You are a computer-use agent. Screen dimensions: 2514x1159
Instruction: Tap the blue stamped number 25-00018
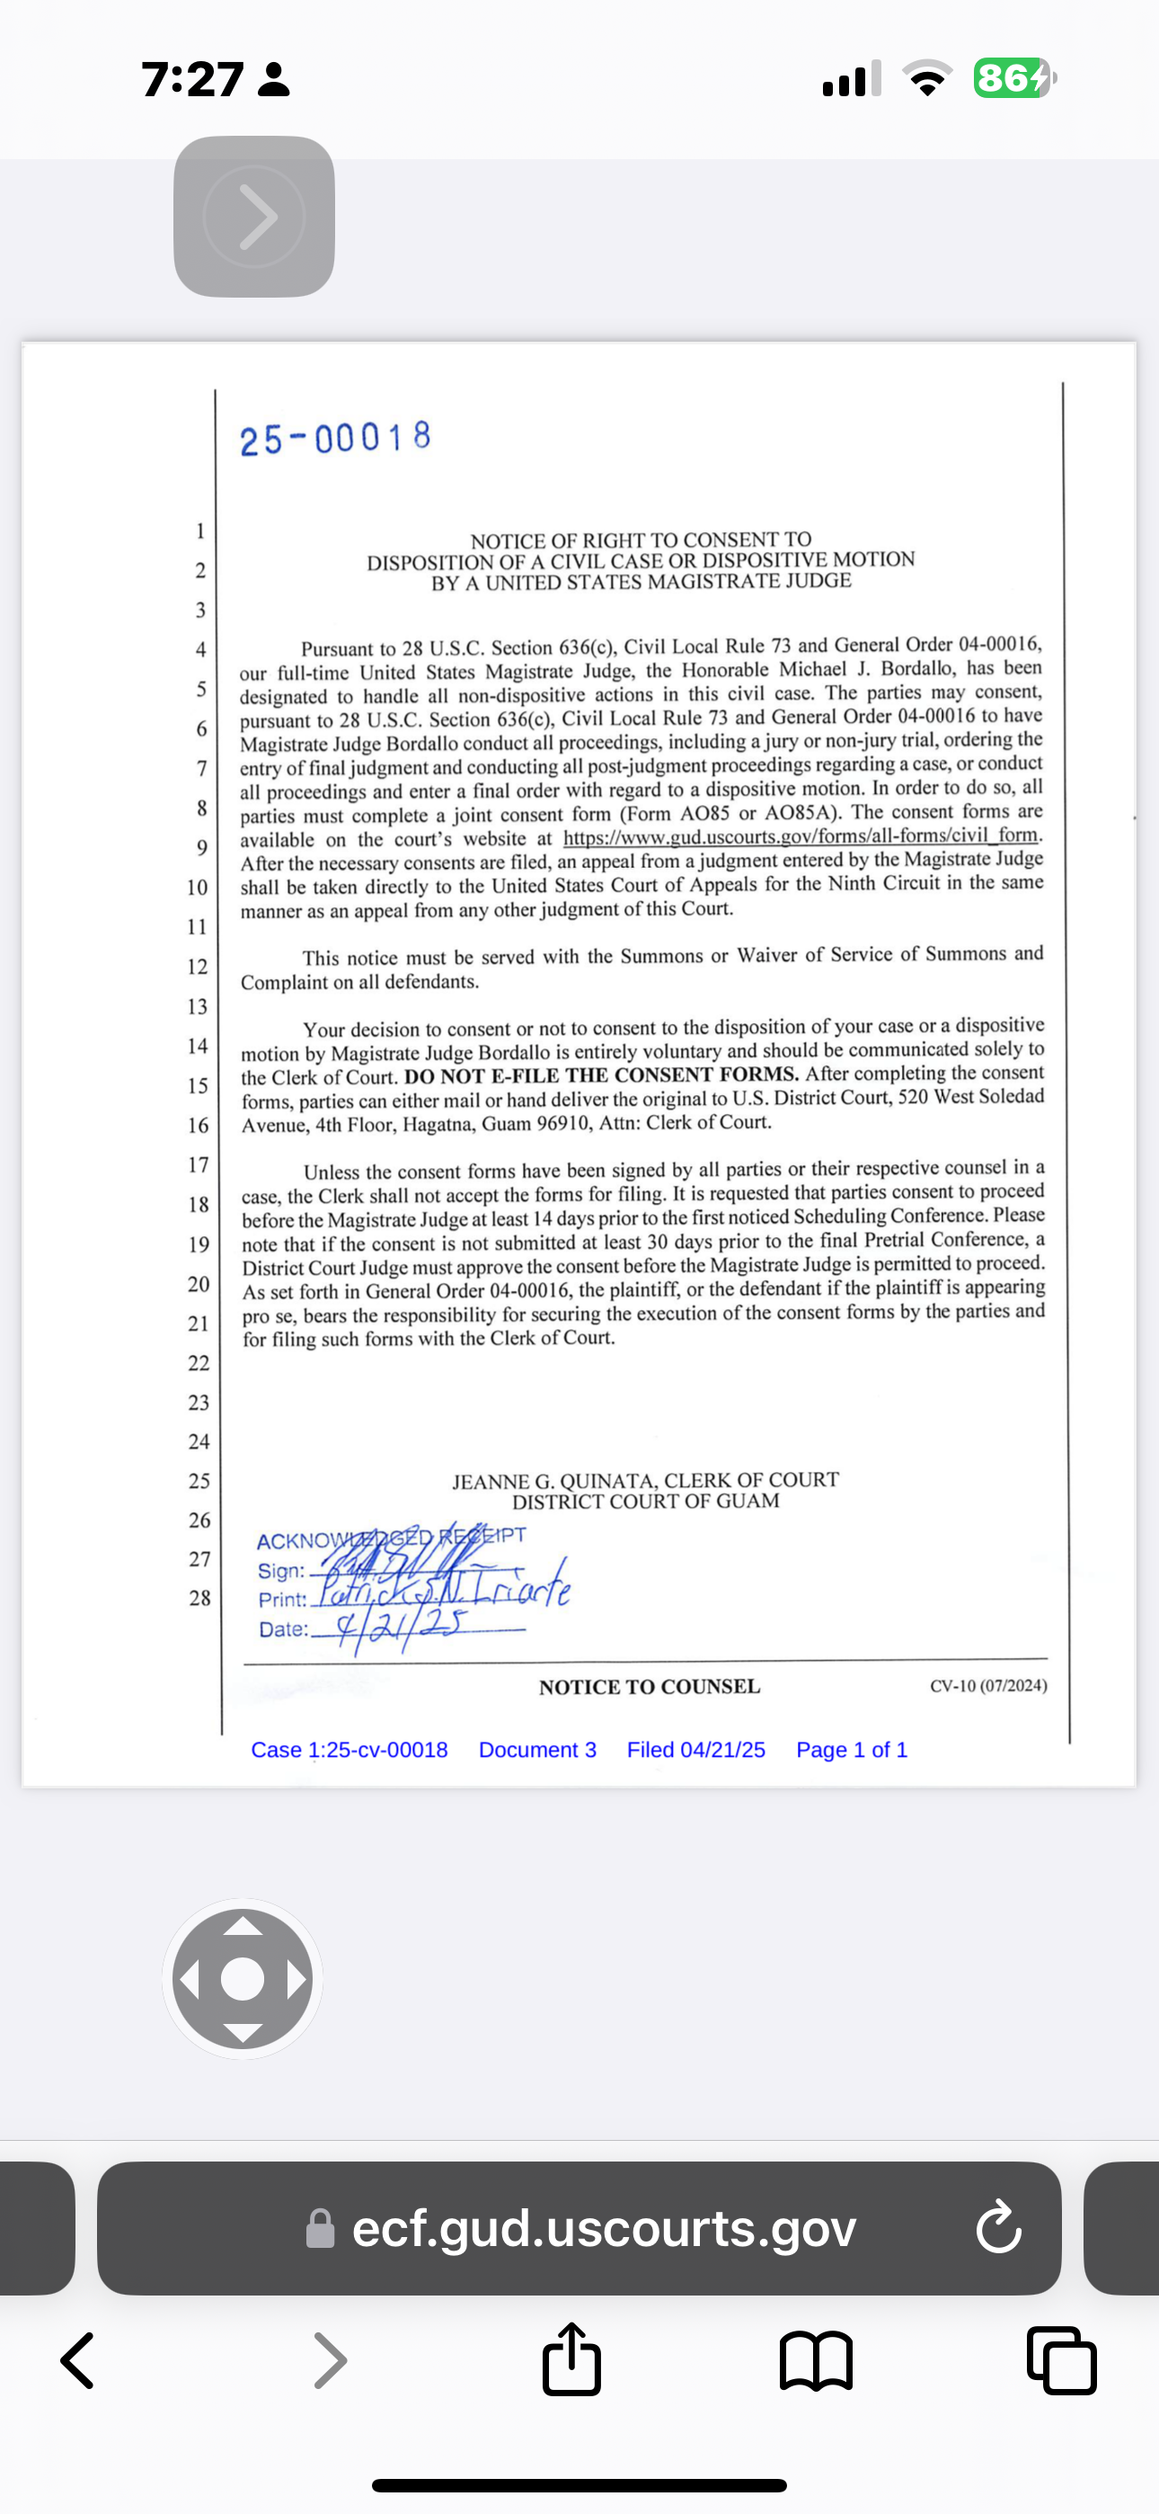point(334,438)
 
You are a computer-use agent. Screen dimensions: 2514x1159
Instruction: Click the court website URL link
point(801,836)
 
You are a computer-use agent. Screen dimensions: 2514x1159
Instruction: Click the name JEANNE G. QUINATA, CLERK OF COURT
point(645,1481)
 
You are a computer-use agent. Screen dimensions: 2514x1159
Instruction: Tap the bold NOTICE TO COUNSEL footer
point(649,1687)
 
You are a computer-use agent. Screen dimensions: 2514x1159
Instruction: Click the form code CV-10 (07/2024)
point(987,1685)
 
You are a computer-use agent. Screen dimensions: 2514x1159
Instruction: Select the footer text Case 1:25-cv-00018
point(349,1750)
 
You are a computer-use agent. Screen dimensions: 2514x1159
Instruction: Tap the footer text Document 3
point(536,1750)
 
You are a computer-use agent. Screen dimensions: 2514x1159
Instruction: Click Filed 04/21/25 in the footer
point(695,1750)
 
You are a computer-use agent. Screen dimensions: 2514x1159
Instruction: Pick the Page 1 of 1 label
point(851,1750)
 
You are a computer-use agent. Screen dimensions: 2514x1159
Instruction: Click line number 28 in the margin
point(199,1598)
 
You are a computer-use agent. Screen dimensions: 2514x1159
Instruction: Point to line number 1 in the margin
point(200,530)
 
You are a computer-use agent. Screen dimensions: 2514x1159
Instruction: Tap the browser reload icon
point(998,2228)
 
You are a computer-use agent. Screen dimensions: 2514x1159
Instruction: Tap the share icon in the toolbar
point(571,2360)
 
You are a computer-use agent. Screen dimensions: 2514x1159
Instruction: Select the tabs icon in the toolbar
point(1061,2361)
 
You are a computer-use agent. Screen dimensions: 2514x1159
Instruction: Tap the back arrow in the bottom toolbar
point(78,2361)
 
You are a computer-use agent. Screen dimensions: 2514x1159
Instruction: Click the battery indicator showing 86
point(1013,78)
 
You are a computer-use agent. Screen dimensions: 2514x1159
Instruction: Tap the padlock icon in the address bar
point(320,2229)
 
